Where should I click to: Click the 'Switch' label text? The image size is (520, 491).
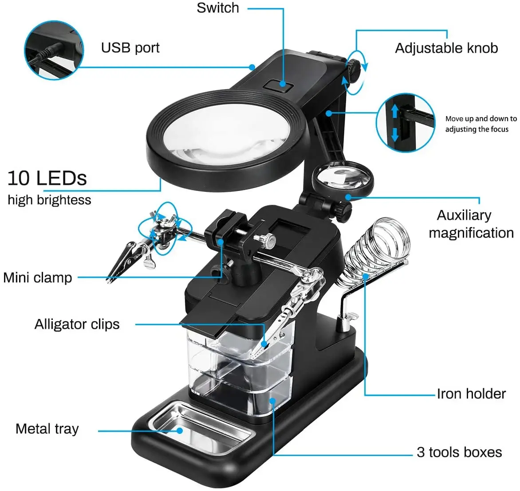coord(217,8)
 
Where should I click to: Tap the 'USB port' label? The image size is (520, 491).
coord(130,48)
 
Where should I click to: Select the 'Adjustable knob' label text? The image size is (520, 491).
coord(446,48)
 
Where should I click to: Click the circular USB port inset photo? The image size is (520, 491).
coord(54,50)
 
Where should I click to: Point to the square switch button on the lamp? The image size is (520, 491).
coord(279,86)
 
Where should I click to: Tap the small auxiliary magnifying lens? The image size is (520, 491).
coord(343,177)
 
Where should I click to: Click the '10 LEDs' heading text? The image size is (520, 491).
coord(47,178)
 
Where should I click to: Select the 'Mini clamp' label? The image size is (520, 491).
coord(37,278)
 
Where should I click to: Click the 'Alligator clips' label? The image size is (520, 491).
coord(77,324)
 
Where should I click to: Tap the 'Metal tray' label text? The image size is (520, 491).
coord(47,429)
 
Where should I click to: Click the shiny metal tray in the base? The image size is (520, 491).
coord(200,428)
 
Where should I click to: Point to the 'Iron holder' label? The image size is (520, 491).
coord(471,394)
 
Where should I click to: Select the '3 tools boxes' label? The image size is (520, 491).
coord(459,452)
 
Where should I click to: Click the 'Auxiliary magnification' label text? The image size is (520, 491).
coord(471,224)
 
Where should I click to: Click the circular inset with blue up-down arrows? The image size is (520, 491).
coord(406,123)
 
